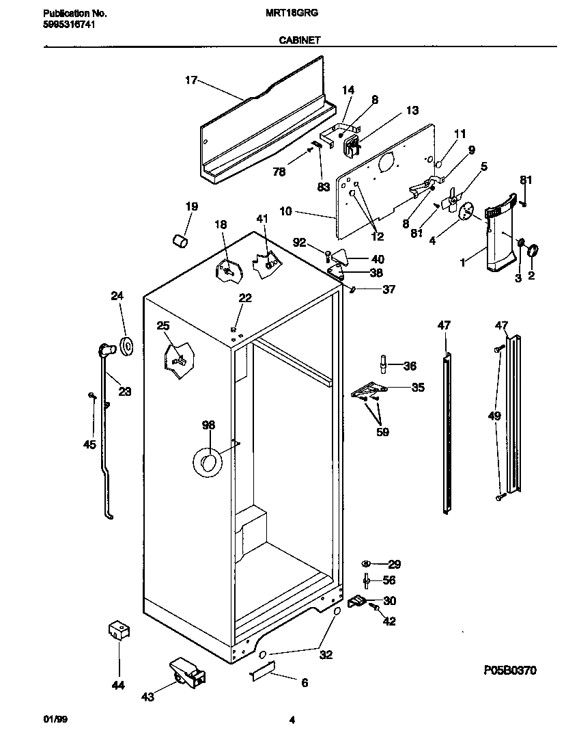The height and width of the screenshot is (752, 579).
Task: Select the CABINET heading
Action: click(x=299, y=40)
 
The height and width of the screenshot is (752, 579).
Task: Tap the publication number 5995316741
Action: click(x=68, y=24)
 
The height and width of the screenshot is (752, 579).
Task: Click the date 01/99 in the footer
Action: click(x=55, y=720)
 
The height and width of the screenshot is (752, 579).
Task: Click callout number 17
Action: click(x=191, y=81)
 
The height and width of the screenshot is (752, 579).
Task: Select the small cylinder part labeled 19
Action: click(x=179, y=241)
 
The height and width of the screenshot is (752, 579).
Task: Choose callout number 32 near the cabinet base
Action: click(x=326, y=654)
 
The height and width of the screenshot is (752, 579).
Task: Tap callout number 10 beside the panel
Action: click(x=285, y=212)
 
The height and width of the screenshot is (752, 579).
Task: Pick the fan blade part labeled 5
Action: click(x=449, y=202)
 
